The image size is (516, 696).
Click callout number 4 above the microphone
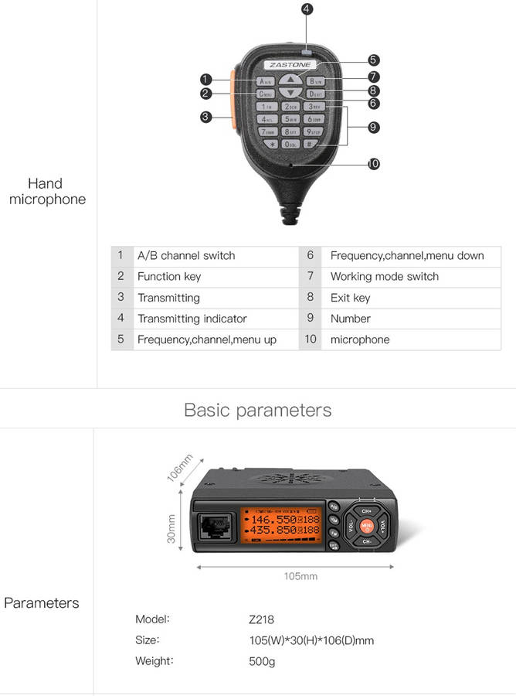click(307, 9)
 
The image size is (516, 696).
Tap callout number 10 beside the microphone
click(374, 164)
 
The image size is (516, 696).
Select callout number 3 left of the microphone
click(205, 117)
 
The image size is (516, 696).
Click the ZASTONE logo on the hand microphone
click(290, 64)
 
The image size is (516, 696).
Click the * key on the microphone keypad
click(271, 144)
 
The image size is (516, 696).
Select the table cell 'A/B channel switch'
click(186, 255)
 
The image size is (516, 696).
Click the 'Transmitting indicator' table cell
click(192, 319)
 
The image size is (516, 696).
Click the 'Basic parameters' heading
click(258, 410)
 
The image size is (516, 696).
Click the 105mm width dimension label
click(300, 576)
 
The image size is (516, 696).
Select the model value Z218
click(261, 619)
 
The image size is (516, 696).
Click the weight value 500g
click(262, 661)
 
